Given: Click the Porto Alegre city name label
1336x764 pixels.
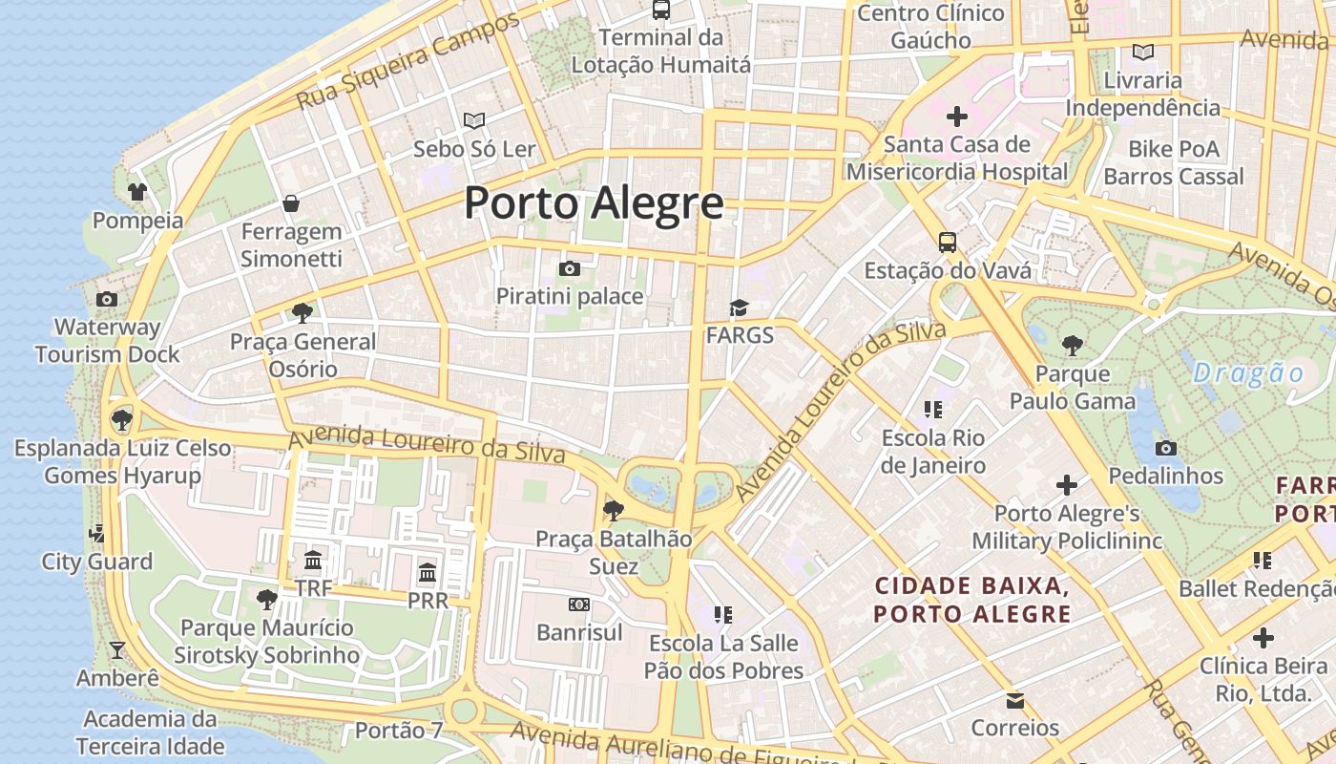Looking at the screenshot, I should coord(594,203).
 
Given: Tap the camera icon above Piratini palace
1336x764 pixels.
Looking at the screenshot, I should coord(570,268).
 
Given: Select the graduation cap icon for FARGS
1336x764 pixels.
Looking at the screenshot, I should coord(739,308).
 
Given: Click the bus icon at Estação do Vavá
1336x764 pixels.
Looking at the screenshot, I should coord(947,243).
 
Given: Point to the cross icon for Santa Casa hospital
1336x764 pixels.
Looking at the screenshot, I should coord(956,117).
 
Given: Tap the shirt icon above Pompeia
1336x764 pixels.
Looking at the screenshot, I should coord(137,192).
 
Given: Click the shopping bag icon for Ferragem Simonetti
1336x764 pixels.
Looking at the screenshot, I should coord(291,203).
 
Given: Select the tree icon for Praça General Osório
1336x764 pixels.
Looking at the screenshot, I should coord(303,312).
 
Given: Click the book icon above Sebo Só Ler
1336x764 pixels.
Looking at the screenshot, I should coord(474,120).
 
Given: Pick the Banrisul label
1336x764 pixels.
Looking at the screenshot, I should coord(579,632).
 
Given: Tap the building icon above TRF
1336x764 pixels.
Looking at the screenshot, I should coord(313,561).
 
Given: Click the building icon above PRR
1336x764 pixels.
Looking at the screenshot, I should coord(428,573).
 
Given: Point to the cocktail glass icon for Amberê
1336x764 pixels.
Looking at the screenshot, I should coord(117,650).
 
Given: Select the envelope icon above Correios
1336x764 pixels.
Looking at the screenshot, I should coord(1015,701).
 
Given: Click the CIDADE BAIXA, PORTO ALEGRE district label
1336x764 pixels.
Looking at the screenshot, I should coord(971,599).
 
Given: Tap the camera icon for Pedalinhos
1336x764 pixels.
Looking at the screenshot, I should coord(1165,448).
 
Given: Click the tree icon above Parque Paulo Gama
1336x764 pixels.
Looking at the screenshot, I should coord(1073,345).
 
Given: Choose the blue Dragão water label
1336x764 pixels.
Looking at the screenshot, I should coord(1248,372).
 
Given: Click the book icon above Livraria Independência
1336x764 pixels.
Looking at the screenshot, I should coord(1142,52).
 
